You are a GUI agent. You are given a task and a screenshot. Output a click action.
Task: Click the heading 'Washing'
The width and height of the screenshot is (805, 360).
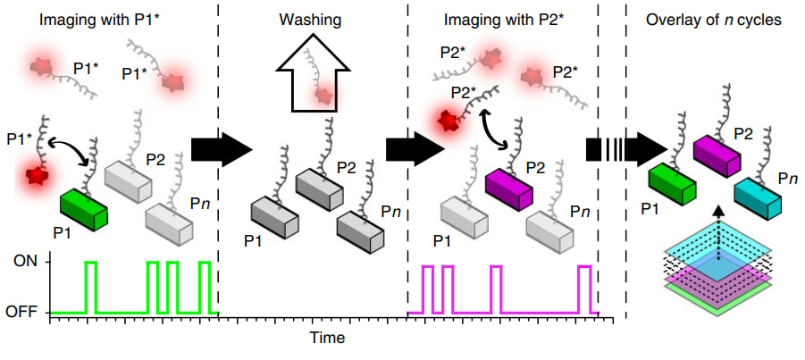[x=312, y=18]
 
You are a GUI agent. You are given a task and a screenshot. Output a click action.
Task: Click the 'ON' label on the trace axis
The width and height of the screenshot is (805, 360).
[x=26, y=264]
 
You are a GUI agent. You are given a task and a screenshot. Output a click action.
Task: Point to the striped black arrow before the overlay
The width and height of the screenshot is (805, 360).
[x=625, y=150]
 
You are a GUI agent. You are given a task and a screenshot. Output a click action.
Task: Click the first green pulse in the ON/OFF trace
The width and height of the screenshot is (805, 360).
[x=90, y=286]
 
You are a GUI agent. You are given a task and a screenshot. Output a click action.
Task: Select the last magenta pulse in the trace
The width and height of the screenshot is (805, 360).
[x=584, y=286]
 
